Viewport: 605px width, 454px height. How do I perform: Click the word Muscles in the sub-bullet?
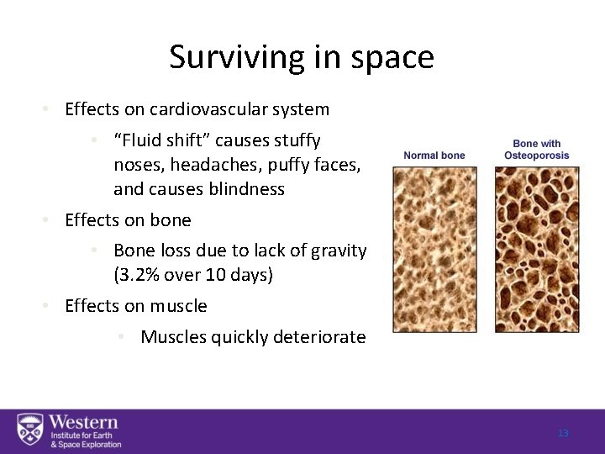tap(172, 337)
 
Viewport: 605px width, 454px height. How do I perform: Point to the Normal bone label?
tap(434, 155)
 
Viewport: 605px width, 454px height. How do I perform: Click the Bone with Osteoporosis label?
tap(537, 149)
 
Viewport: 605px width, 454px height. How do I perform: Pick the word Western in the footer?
tap(83, 421)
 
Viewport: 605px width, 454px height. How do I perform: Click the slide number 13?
tap(563, 433)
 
